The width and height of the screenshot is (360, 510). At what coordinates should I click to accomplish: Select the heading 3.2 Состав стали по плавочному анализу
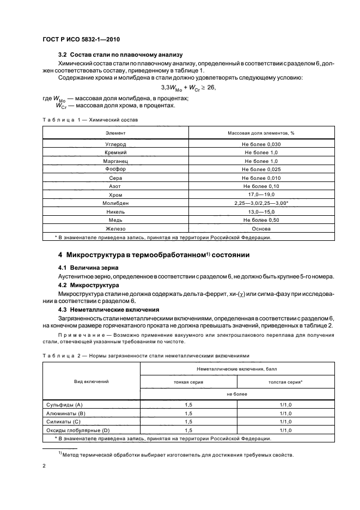click(120, 54)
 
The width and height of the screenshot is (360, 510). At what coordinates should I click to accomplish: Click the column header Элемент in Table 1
click(115, 132)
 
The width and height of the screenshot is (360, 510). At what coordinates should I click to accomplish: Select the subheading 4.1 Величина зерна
click(87, 268)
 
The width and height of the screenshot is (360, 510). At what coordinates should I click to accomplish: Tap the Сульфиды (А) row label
click(63, 405)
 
